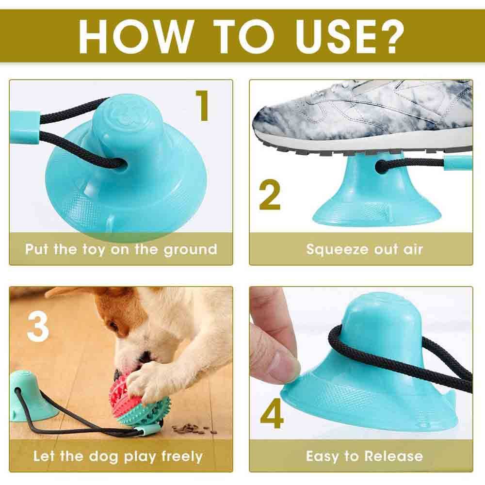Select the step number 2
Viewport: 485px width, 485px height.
point(270,195)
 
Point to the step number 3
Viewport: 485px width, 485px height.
point(38,325)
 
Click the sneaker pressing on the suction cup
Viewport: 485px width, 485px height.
point(364,116)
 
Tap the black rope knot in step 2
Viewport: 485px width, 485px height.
point(383,166)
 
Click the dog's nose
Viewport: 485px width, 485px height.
point(116,375)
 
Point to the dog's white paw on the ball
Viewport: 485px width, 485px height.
point(145,383)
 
